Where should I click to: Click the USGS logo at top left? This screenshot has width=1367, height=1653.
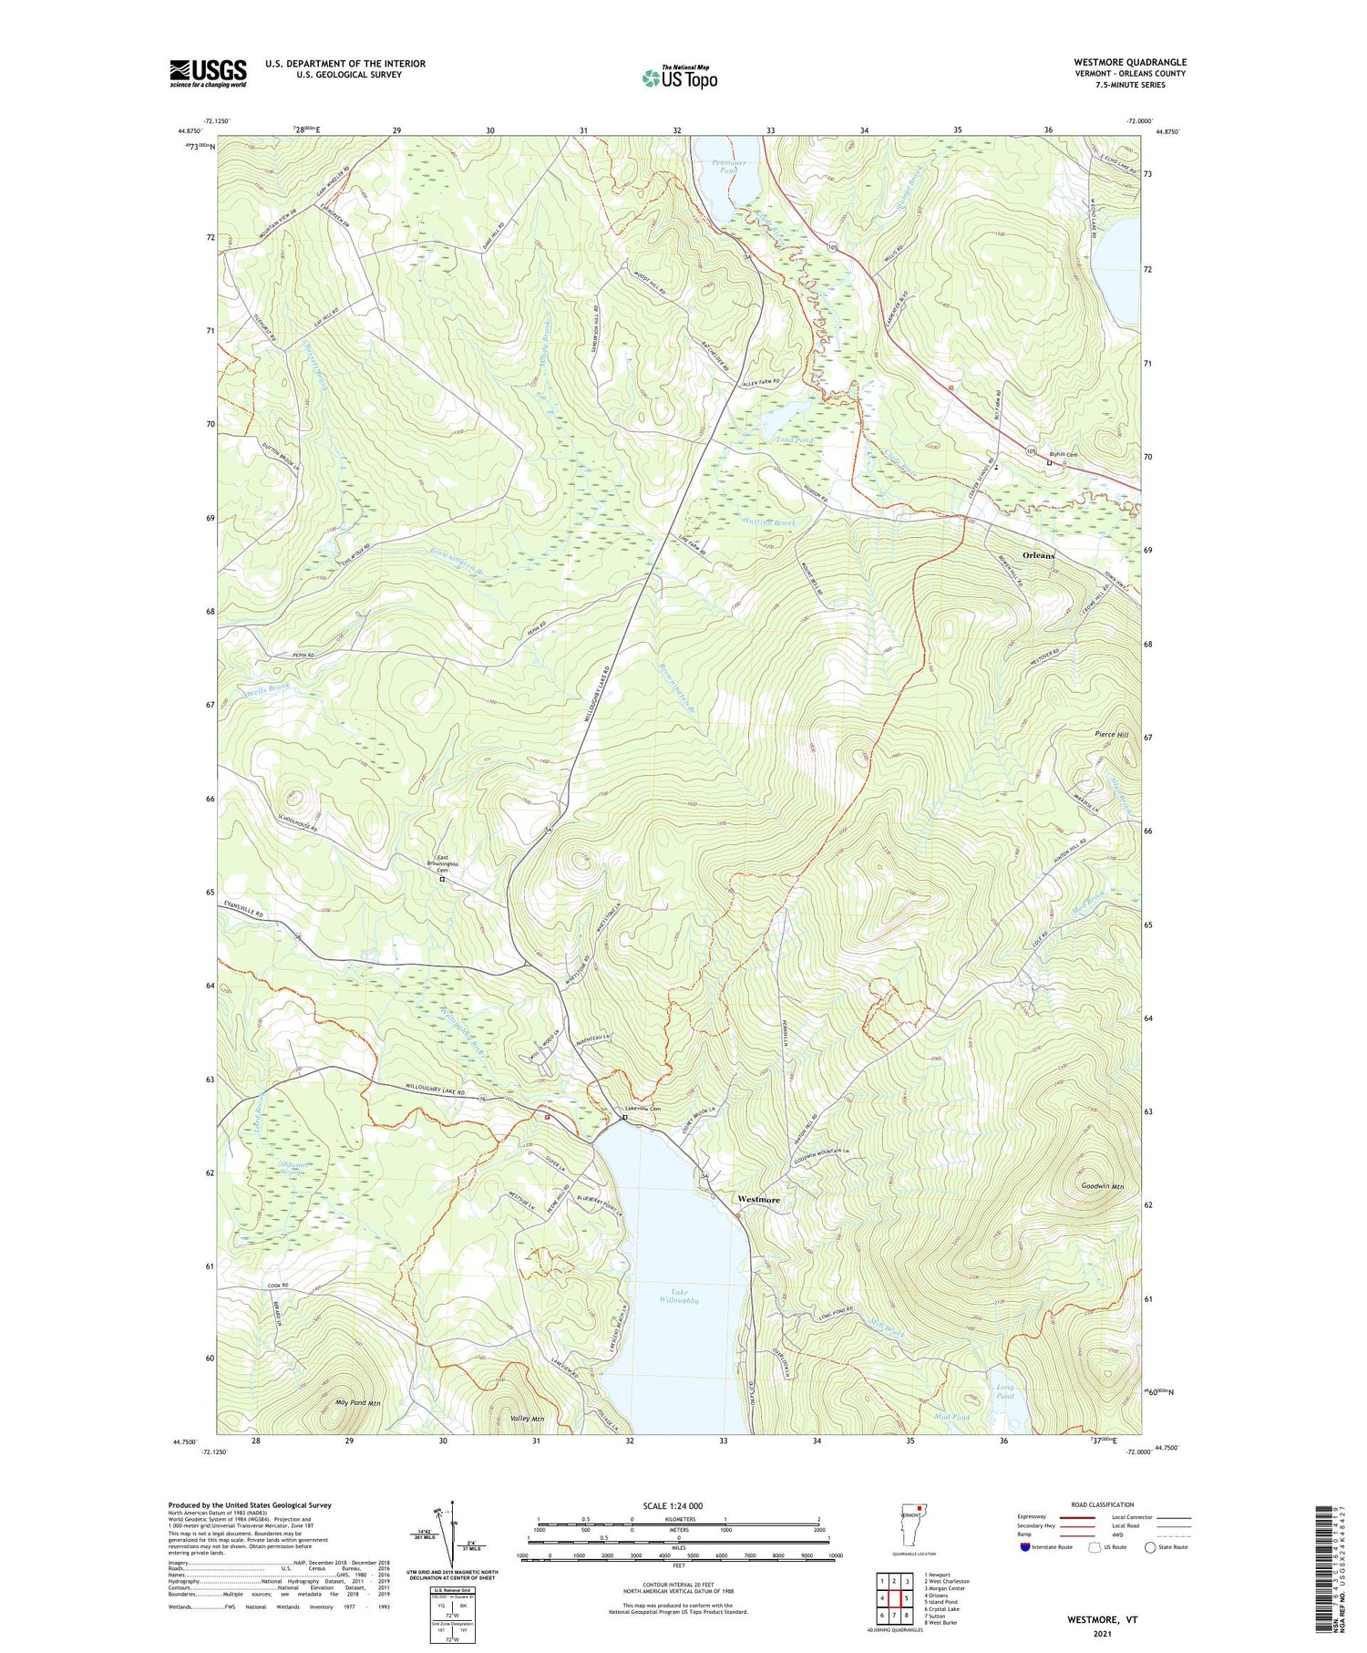click(208, 73)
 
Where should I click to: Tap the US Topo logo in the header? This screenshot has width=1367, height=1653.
click(679, 78)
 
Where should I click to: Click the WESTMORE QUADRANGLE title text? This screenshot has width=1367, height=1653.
click(1129, 62)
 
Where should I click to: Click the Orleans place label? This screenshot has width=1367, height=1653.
click(1038, 555)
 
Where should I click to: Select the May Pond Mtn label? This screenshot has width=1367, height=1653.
click(358, 1402)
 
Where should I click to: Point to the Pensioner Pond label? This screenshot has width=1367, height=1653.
click(727, 165)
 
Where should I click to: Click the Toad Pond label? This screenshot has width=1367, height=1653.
click(794, 440)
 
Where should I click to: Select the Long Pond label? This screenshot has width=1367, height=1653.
click(1003, 1391)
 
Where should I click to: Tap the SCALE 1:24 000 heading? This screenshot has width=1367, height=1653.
click(678, 1505)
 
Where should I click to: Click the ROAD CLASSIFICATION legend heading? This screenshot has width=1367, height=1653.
click(1103, 1504)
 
